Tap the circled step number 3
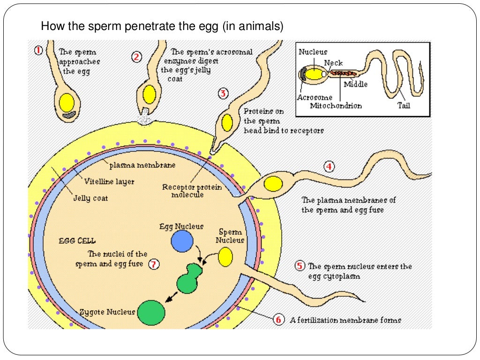click(x=224, y=94)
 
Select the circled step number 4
click(x=330, y=166)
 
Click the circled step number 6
click(x=278, y=320)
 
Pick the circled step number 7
click(x=154, y=264)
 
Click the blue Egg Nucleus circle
click(x=182, y=242)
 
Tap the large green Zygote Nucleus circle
click(x=151, y=312)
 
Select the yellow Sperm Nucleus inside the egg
click(x=225, y=257)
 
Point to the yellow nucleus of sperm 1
click(x=67, y=102)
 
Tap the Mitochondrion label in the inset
click(x=336, y=105)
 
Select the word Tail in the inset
click(x=403, y=105)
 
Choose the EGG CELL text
click(x=77, y=240)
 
